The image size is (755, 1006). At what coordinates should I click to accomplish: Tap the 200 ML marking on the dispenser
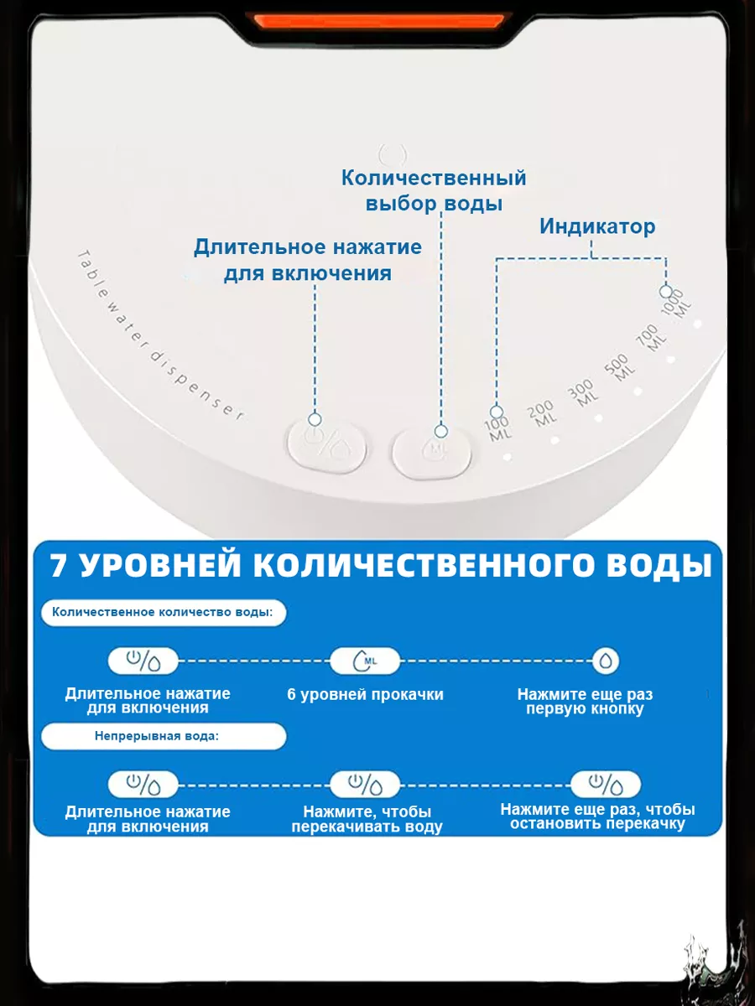tap(543, 415)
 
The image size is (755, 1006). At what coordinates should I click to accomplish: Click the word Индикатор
tap(597, 226)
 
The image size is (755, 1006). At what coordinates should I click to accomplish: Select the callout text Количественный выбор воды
tap(434, 190)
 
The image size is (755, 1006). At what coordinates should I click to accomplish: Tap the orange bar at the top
tap(379, 21)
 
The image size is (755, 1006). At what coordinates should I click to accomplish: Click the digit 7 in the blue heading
tap(59, 565)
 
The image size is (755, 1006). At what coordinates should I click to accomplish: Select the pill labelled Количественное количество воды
tap(163, 613)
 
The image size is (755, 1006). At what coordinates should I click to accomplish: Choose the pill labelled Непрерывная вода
tap(163, 736)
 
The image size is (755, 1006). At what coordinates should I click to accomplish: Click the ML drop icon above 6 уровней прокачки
tap(365, 661)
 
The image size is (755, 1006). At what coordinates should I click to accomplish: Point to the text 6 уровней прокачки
tap(365, 694)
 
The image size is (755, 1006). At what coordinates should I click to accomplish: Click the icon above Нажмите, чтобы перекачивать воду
tap(365, 785)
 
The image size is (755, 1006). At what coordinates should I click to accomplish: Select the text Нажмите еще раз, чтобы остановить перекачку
tap(597, 817)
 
